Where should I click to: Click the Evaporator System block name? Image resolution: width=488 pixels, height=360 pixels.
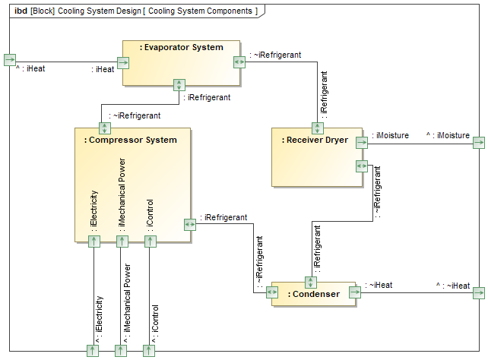pyautogui.click(x=182, y=47)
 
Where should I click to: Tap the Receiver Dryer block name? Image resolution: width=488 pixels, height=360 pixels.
pyautogui.click(x=315, y=140)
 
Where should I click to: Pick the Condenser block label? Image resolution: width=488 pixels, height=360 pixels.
pyautogui.click(x=314, y=294)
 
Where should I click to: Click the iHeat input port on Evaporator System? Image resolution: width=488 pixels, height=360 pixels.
pyautogui.click(x=122, y=62)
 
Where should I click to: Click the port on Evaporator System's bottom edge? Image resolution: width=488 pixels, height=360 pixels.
pyautogui.click(x=179, y=85)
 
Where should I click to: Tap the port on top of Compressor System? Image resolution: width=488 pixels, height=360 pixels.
pyautogui.click(x=104, y=128)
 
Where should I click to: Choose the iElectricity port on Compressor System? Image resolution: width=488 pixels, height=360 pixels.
pyautogui.click(x=93, y=242)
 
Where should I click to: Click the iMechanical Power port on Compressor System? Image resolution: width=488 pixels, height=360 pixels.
pyautogui.click(x=122, y=242)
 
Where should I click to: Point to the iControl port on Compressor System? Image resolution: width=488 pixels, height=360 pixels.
pyautogui.click(x=150, y=242)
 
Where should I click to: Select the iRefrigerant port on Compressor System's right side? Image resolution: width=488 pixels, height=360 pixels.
pyautogui.click(x=190, y=224)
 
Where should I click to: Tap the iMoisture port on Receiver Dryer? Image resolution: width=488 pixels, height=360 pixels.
pyautogui.click(x=362, y=142)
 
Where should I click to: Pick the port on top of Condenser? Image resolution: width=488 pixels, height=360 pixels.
pyautogui.click(x=309, y=282)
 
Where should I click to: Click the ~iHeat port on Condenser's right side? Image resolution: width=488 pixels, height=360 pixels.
pyautogui.click(x=356, y=292)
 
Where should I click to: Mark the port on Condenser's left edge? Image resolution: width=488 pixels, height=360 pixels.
pyautogui.click(x=272, y=294)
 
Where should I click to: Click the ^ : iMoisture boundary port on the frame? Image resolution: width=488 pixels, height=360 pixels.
pyautogui.click(x=478, y=142)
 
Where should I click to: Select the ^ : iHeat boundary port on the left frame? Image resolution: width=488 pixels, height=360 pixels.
pyautogui.click(x=9, y=60)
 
